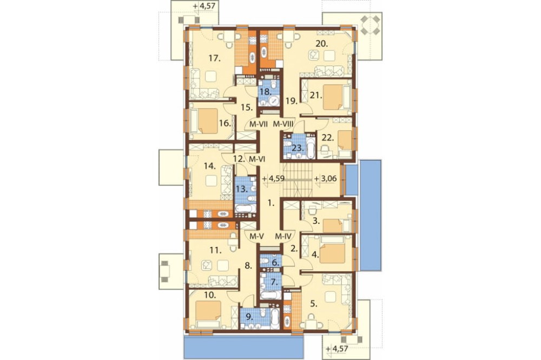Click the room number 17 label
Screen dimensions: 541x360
click(x=215, y=58)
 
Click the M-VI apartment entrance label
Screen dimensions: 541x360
click(x=256, y=159)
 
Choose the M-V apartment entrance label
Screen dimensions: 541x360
click(x=256, y=237)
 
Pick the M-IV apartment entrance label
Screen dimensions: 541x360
click(x=283, y=237)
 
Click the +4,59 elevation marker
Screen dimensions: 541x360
click(x=273, y=179)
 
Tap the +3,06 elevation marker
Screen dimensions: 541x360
click(x=325, y=179)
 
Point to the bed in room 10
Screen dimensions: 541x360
click(x=208, y=314)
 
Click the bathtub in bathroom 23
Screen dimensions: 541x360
click(x=311, y=149)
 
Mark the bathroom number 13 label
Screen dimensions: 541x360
click(x=242, y=189)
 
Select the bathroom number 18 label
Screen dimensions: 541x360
click(x=265, y=92)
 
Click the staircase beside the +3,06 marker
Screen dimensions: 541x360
click(x=298, y=180)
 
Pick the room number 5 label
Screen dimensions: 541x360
click(x=313, y=304)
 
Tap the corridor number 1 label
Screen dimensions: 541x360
click(x=272, y=203)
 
